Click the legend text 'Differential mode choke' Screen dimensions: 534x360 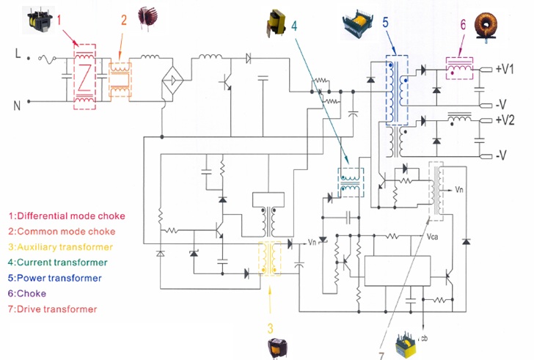coord(71,216)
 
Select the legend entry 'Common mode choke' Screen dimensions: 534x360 coord(66,232)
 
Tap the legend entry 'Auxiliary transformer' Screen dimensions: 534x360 coord(65,247)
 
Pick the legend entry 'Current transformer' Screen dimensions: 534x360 coord(62,262)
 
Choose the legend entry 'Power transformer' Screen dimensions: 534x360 coord(59,278)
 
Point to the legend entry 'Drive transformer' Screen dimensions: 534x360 coord(57,309)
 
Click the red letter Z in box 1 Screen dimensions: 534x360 coord(84,78)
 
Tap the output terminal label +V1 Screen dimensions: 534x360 coord(505,69)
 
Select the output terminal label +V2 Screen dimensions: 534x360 coord(505,120)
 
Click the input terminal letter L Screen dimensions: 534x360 coord(18,54)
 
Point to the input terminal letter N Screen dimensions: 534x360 coord(17,106)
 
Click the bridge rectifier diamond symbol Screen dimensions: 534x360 coord(172,81)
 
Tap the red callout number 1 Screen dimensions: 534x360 coord(59,20)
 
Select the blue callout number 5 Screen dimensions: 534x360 coord(385,23)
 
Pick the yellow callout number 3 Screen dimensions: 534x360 coord(270,328)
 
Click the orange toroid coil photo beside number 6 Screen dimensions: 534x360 coord(486,26)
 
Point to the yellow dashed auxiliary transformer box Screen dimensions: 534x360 coord(269,241)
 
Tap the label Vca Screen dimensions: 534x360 coord(433,237)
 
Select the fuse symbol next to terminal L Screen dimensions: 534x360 coord(48,59)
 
